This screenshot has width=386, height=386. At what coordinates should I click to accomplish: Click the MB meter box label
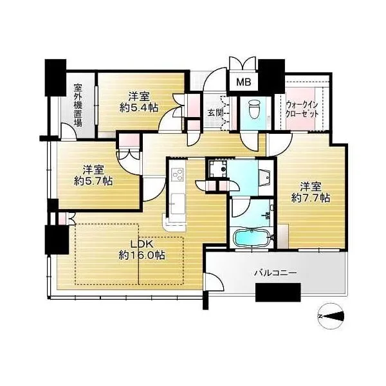coord(244,82)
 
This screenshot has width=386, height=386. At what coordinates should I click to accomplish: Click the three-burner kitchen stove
coord(178,172)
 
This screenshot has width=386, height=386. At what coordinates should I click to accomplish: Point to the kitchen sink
coord(178,203)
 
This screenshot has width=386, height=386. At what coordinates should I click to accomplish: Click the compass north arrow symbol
coord(331,316)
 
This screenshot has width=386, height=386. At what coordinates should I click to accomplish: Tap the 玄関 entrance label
coord(216,113)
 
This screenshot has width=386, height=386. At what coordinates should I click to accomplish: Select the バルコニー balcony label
coord(276,273)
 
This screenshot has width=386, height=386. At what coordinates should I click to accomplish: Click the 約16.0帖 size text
coord(142,255)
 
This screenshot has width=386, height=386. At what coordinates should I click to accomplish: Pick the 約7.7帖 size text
coord(311,198)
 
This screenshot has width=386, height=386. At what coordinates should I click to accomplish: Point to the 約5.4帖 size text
coord(139,107)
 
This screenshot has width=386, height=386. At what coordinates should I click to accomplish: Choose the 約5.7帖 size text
coord(93,181)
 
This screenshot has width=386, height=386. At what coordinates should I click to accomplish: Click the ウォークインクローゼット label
coord(302,109)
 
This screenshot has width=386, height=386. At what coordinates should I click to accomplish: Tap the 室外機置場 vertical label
coord(78,106)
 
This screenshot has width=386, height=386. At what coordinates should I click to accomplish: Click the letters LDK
coord(142,244)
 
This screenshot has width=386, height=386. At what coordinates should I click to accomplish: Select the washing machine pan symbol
coord(217,169)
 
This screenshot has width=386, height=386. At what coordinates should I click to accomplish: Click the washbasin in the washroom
coord(265,176)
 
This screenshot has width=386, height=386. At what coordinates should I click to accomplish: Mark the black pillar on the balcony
coord(278,292)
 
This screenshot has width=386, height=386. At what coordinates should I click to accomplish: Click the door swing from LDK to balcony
coord(215,281)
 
